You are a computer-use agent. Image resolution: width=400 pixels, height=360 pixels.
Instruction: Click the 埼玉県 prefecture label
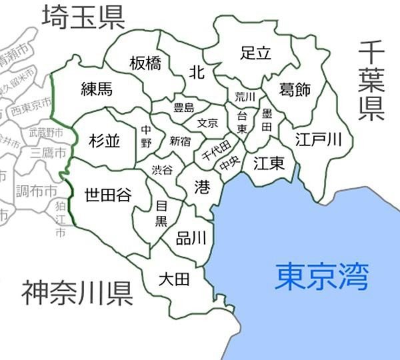[83, 18]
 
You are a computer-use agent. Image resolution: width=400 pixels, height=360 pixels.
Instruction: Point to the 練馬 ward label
[97, 89]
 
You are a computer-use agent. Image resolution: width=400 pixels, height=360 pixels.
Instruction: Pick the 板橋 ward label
[145, 63]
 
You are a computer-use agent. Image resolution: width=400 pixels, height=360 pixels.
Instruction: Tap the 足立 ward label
[255, 53]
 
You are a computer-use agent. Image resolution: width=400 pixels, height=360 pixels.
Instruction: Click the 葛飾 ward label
[294, 91]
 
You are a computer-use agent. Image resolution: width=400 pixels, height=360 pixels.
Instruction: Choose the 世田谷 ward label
[108, 195]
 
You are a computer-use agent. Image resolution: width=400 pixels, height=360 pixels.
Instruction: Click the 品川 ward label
[191, 238]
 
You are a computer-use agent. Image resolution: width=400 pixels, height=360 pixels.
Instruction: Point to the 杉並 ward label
[105, 140]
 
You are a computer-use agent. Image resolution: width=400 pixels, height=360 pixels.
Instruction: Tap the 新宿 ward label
[180, 141]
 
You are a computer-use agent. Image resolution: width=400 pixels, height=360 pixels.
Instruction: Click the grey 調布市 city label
[36, 191]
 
